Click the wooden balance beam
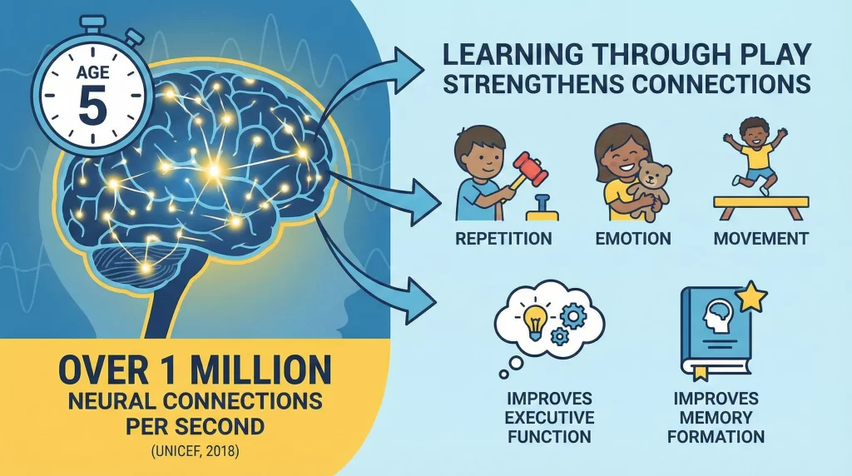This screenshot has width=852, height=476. (760, 202)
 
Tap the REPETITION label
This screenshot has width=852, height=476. (503, 239)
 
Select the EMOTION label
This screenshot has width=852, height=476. (632, 239)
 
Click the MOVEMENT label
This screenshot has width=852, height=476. (760, 239)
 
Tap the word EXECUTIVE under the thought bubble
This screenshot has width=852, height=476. (549, 417)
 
